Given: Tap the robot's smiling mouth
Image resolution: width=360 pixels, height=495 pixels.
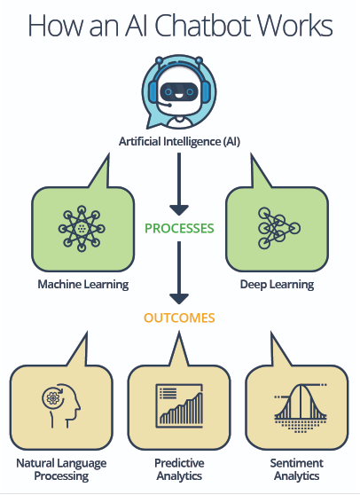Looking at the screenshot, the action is tap(179, 93).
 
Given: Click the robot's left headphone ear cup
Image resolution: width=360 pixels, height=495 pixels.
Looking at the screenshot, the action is tap(153, 91).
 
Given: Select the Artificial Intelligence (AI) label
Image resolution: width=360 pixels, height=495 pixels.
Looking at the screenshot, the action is tap(179, 141).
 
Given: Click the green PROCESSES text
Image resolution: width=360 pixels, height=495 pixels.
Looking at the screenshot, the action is tap(179, 228).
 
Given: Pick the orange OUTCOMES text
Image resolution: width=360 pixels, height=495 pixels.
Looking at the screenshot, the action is tap(179, 318).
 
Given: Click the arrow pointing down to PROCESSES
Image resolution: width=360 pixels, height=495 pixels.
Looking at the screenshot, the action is tap(179, 184).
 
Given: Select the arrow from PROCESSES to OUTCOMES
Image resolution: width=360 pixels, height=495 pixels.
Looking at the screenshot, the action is tap(179, 272).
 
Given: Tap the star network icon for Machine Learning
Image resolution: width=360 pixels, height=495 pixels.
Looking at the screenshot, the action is tap(82, 228).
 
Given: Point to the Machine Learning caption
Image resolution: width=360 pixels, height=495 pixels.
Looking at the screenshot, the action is tap(83, 284).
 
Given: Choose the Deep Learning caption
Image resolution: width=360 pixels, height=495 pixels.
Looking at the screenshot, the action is tap(277, 285).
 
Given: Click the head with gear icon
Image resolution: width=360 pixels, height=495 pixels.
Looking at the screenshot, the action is tap(61, 405).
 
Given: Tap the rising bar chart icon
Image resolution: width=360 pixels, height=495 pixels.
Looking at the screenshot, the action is tap(179, 405).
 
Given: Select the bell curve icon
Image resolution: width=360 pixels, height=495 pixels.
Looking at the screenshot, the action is tap(301, 407).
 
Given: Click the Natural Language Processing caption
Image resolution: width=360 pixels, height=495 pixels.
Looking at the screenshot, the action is tap(61, 469).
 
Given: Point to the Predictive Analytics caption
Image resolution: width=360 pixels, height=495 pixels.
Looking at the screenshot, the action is tap(179, 469).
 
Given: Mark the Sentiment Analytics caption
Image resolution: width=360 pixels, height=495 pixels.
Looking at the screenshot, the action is tap(296, 469).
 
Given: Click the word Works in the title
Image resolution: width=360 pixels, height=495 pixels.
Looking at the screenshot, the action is tap(301, 25).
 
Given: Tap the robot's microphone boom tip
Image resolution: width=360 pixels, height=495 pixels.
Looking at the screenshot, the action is tap(169, 106).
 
